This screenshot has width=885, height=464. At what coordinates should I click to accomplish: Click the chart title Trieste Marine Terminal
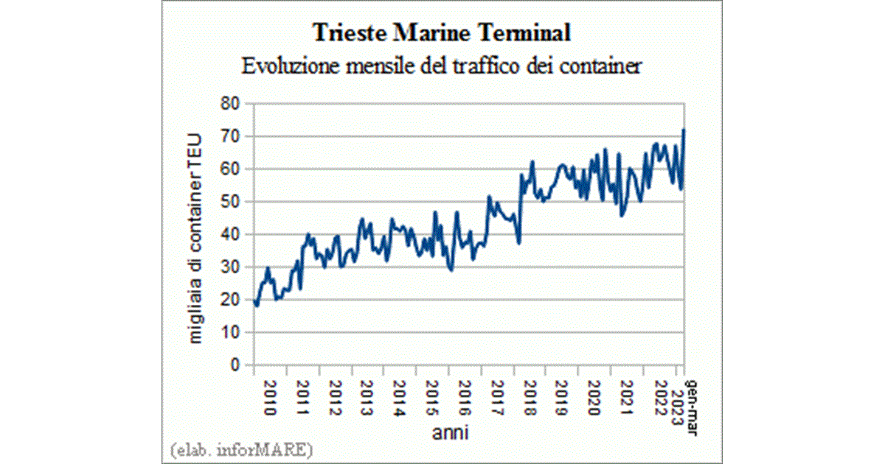442,33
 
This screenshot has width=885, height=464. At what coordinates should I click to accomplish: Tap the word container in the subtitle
603,66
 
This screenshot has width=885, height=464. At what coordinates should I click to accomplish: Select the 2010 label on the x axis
269,398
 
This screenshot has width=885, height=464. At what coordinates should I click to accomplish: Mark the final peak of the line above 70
684,130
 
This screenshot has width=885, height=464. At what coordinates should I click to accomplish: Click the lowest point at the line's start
256,305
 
